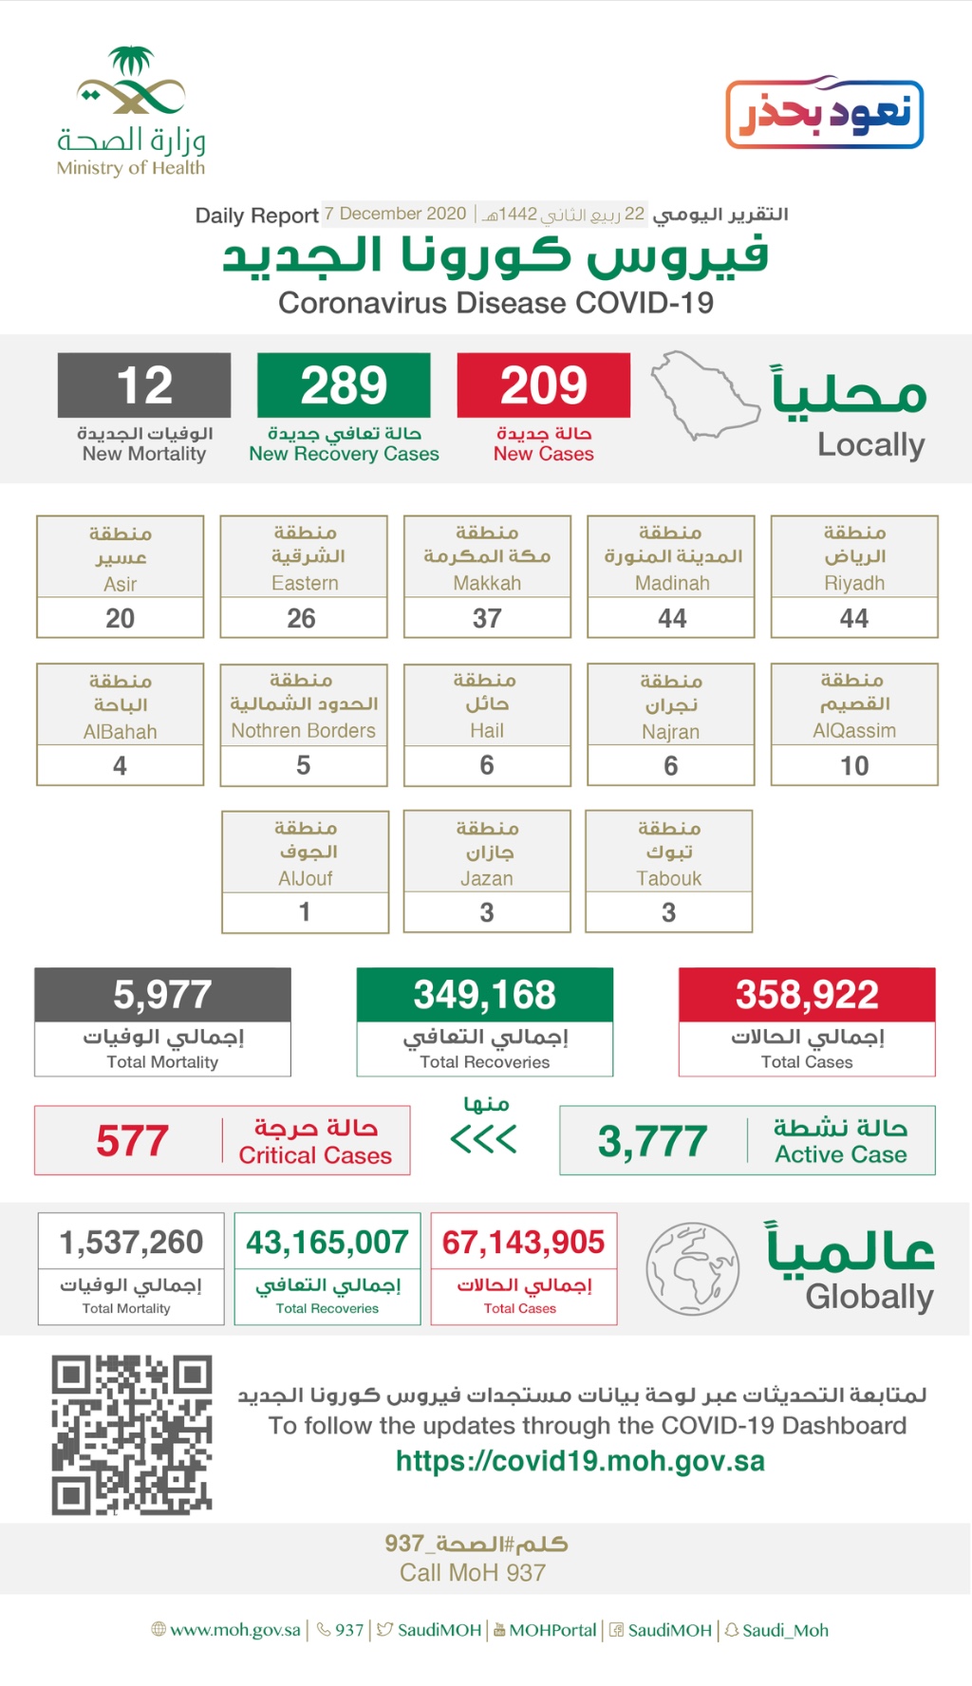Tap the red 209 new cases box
[x=543, y=385]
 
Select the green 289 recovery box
[x=344, y=385]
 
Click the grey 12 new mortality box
[x=144, y=385]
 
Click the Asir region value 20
[x=121, y=618]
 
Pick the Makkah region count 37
[x=487, y=618]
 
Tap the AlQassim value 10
[x=854, y=765]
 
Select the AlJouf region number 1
[x=305, y=911]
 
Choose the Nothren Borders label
[x=304, y=730]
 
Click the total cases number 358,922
[x=807, y=995]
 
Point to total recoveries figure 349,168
[x=485, y=995]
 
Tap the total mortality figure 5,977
[x=162, y=995]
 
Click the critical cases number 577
[x=132, y=1140]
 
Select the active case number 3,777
[x=653, y=1140]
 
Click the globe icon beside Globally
[x=692, y=1268]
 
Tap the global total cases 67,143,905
[x=523, y=1242]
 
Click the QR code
[x=132, y=1434]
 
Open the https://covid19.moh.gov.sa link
[x=580, y=1461]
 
